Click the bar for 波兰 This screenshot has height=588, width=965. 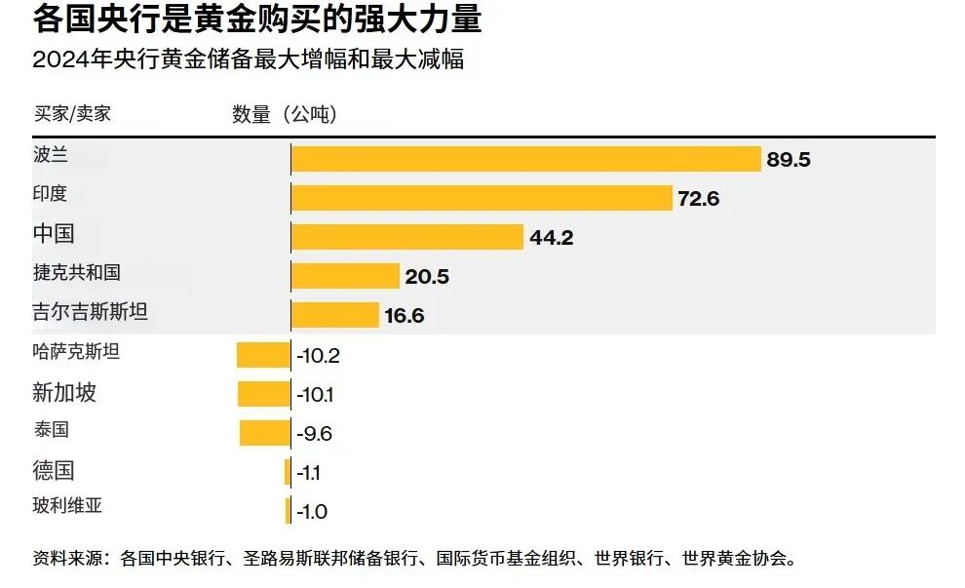526,159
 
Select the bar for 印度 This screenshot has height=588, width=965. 482,198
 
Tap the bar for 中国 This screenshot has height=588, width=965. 408,237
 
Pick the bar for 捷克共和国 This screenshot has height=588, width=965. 346,276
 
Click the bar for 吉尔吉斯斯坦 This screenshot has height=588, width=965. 335,315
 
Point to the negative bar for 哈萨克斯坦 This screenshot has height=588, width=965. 263,354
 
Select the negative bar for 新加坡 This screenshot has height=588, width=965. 264,394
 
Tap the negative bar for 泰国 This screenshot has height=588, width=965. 265,433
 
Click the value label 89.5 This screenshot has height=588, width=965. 789,160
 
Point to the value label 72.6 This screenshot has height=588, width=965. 698,199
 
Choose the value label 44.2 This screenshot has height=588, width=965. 552,238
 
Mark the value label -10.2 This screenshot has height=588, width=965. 318,356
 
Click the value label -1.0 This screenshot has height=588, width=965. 312,512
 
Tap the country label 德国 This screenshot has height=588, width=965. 54,471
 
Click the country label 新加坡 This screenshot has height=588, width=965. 64,393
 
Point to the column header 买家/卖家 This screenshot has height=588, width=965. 72,113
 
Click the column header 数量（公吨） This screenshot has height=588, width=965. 285,114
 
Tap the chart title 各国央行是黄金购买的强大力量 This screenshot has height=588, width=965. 257,20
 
